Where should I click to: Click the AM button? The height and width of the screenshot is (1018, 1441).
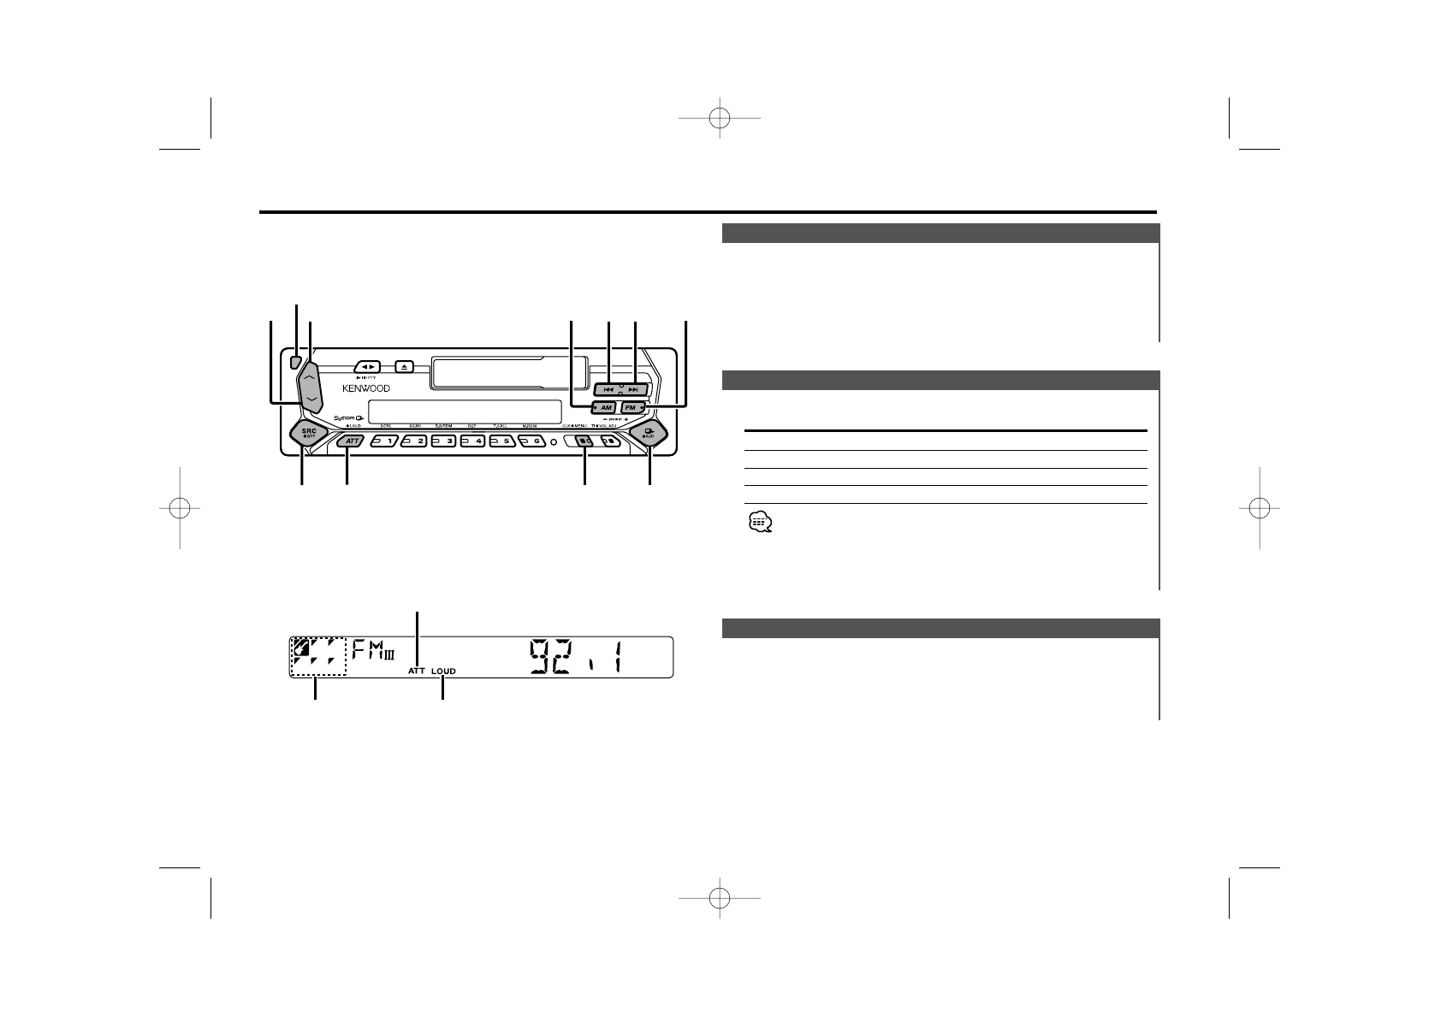[603, 408]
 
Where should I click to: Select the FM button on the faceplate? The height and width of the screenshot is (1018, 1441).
[632, 408]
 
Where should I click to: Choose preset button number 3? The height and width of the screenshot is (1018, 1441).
[443, 441]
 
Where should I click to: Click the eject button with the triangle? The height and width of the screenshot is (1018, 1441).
[405, 366]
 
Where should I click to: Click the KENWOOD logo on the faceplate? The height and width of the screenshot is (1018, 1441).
[365, 388]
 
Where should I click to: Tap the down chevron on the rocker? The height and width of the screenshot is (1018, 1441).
[311, 399]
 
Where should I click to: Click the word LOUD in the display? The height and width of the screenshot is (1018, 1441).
[443, 672]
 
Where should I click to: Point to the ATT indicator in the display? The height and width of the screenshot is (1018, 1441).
[417, 672]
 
